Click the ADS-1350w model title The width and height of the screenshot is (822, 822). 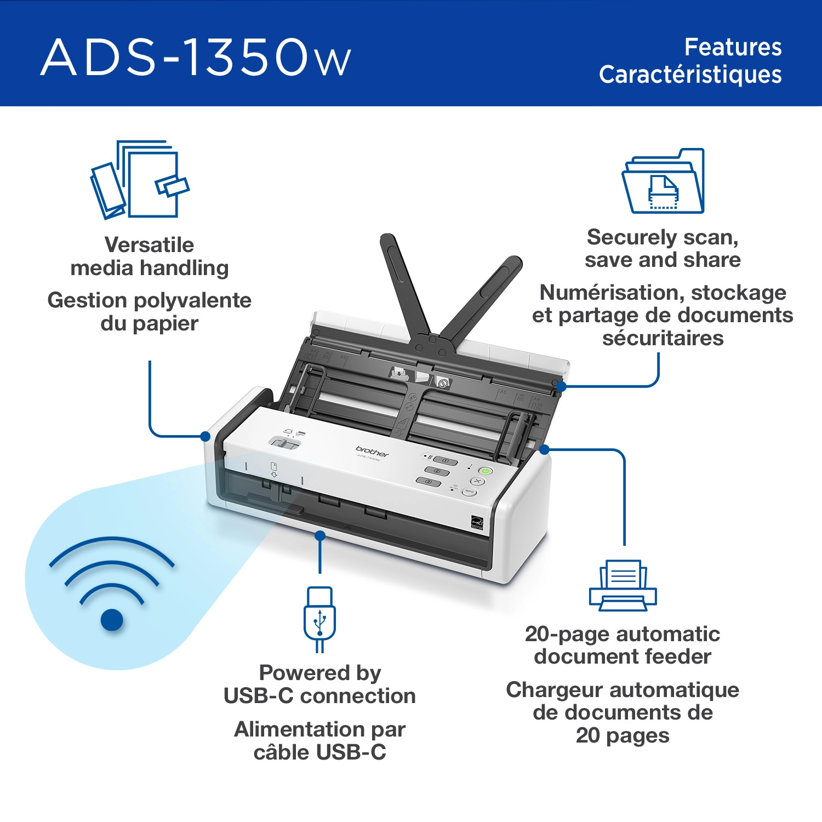pyautogui.click(x=196, y=57)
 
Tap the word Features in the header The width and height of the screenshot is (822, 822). pyautogui.click(x=733, y=47)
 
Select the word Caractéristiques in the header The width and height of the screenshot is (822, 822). pyautogui.click(x=690, y=75)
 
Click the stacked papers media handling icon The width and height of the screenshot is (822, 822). pyautogui.click(x=140, y=179)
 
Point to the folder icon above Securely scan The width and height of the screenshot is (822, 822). pyautogui.click(x=663, y=180)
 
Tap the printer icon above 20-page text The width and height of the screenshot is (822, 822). pyautogui.click(x=623, y=585)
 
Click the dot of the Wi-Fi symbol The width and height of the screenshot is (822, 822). pyautogui.click(x=112, y=620)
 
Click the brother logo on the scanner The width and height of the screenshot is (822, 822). pyautogui.click(x=372, y=451)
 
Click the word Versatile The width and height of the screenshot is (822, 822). pyautogui.click(x=149, y=245)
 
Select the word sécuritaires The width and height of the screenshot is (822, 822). pyautogui.click(x=663, y=338)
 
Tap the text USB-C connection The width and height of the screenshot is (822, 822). pyautogui.click(x=320, y=696)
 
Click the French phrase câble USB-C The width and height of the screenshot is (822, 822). pyautogui.click(x=320, y=752)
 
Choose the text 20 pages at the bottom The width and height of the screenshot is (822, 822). pyautogui.click(x=623, y=735)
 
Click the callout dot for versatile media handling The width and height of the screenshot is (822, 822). pyautogui.click(x=206, y=436)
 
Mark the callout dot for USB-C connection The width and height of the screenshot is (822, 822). pyautogui.click(x=320, y=535)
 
